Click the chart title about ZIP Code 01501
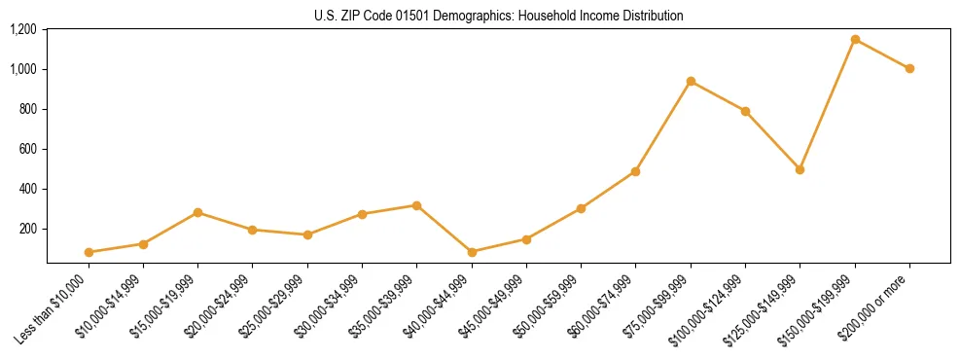(x=498, y=16)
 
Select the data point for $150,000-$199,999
(x=855, y=40)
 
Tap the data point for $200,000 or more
(x=909, y=69)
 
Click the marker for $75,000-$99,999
(x=691, y=82)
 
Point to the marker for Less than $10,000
(x=89, y=252)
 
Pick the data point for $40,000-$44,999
(x=472, y=252)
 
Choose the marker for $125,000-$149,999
(x=800, y=169)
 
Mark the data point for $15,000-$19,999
(x=197, y=212)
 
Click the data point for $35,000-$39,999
(x=416, y=205)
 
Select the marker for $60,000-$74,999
(x=635, y=171)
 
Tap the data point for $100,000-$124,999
(x=745, y=111)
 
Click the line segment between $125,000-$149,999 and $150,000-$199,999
(x=828, y=104)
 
